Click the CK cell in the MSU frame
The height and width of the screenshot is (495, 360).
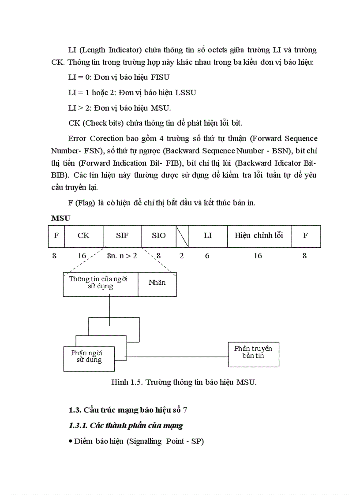[83, 236]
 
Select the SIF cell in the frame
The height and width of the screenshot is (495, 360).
[122, 236]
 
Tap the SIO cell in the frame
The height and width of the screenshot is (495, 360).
[159, 236]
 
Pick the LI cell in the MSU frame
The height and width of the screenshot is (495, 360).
[208, 236]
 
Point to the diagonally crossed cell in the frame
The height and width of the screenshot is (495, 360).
[182, 236]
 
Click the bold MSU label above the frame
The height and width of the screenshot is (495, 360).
[61, 218]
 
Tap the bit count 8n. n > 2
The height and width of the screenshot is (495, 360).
[122, 256]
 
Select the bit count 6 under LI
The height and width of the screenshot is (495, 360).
[207, 256]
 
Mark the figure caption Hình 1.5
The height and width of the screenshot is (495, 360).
[184, 382]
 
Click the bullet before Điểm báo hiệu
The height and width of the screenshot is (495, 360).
[71, 441]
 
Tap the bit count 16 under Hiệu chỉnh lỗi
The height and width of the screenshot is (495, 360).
[258, 256]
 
